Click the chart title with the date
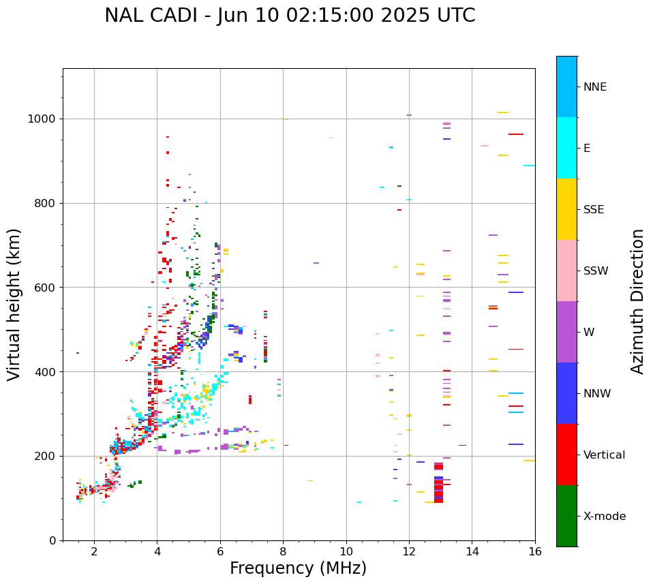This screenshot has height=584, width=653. pyautogui.click(x=290, y=16)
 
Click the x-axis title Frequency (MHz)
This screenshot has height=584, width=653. pyautogui.click(x=298, y=568)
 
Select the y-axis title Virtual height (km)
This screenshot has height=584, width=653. pyautogui.click(x=14, y=304)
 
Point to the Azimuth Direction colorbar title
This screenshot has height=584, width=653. pyautogui.click(x=637, y=301)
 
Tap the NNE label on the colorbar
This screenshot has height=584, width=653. pyautogui.click(x=594, y=87)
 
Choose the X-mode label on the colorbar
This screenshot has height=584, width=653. pyautogui.click(x=605, y=517)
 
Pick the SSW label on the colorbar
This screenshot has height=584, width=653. pyautogui.click(x=596, y=271)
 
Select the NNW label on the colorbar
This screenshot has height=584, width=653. pyautogui.click(x=597, y=394)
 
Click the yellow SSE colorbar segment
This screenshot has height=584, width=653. pyautogui.click(x=566, y=209)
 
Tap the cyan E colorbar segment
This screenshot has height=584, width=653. pyautogui.click(x=566, y=148)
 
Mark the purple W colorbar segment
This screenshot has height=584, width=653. pyautogui.click(x=566, y=332)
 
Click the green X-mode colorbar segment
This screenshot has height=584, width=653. pyautogui.click(x=566, y=516)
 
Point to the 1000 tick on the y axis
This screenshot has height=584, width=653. pyautogui.click(x=42, y=119)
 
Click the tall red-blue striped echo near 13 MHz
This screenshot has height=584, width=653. pyautogui.click(x=438, y=483)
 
